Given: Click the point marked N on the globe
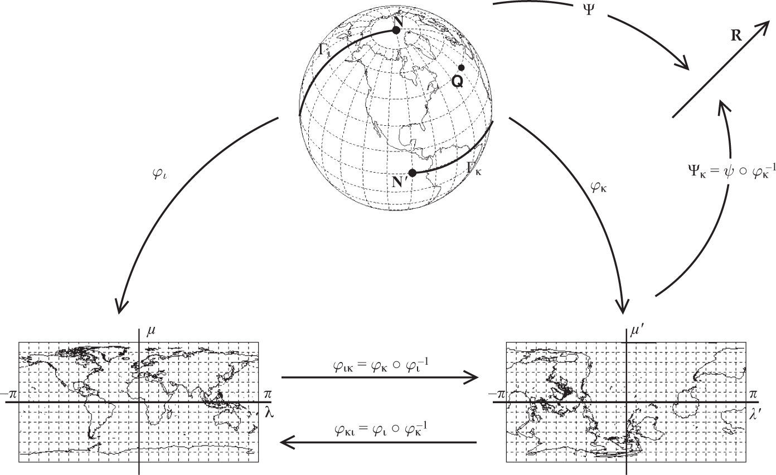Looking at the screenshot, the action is tap(396, 30).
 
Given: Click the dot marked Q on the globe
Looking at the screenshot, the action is tap(461, 68).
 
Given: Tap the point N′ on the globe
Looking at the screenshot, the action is tap(412, 173).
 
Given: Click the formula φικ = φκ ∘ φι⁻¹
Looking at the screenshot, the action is tap(380, 366).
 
